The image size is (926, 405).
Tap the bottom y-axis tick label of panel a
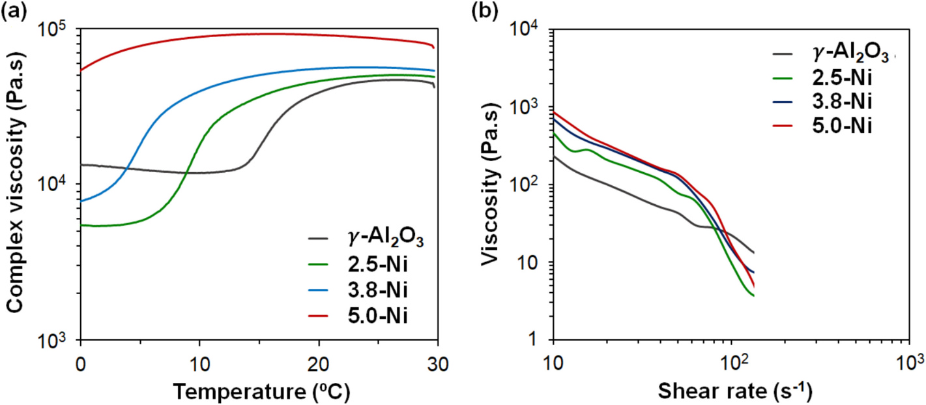point(57,340)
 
